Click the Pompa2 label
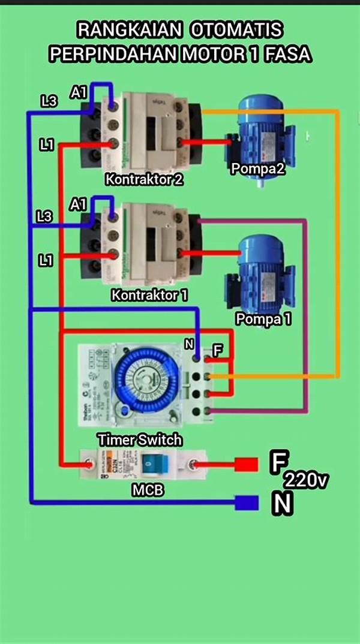pyautogui.click(x=258, y=169)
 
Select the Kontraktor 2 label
pyautogui.click(x=144, y=179)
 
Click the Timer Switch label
pyautogui.click(x=139, y=440)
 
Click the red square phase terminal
pyautogui.click(x=245, y=465)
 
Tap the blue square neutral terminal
pyautogui.click(x=246, y=502)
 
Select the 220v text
pyautogui.click(x=306, y=480)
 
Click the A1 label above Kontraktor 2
pyautogui.click(x=79, y=92)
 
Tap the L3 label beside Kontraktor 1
pyautogui.click(x=44, y=216)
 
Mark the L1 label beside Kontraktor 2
pyautogui.click(x=48, y=144)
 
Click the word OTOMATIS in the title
pyautogui.click(x=238, y=29)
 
